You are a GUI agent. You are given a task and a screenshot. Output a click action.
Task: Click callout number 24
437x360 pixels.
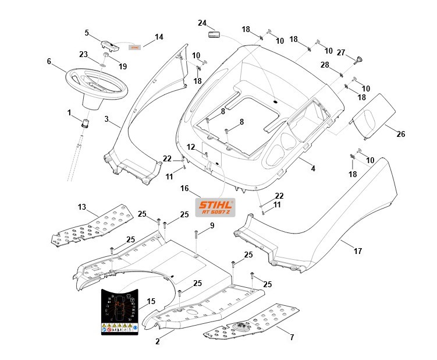(x=202, y=23)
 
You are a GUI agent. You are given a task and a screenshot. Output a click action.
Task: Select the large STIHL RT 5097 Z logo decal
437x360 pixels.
(x=215, y=208)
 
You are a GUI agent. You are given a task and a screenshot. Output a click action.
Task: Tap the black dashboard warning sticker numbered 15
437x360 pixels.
(x=120, y=312)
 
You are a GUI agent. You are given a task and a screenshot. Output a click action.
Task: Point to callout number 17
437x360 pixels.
(x=358, y=251)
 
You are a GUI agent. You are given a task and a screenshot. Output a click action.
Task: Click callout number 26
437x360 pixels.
(x=400, y=134)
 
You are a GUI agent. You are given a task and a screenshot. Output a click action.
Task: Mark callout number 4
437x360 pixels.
(x=313, y=168)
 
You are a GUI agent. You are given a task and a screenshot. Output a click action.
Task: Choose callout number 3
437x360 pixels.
(x=106, y=118)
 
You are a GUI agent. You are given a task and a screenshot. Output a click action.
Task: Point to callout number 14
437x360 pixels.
(x=159, y=37)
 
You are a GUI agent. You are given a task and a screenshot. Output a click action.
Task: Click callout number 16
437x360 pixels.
(x=185, y=189)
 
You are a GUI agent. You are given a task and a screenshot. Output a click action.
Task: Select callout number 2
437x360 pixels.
(x=158, y=341)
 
